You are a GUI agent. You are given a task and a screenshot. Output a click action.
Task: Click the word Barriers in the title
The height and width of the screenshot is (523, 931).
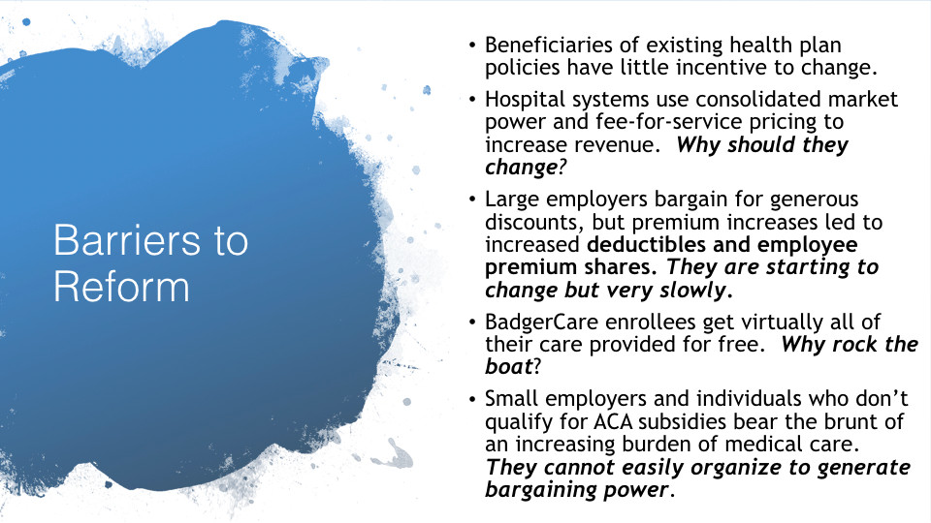click(x=127, y=240)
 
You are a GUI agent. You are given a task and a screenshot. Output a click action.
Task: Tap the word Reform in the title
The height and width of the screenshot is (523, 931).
click(x=122, y=287)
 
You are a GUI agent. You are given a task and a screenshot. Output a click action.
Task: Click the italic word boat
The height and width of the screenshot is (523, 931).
click(x=508, y=366)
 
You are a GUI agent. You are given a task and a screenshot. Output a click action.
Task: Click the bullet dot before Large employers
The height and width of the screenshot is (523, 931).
click(x=472, y=200)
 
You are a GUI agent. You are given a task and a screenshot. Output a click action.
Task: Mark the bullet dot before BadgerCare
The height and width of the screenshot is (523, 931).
click(x=472, y=323)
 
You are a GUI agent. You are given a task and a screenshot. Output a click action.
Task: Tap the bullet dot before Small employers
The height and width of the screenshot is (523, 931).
click(x=472, y=400)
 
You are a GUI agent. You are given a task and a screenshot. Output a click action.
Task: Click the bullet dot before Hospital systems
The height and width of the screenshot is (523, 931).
click(x=472, y=100)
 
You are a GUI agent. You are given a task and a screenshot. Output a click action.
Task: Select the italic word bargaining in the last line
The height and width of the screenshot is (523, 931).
click(x=541, y=490)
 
